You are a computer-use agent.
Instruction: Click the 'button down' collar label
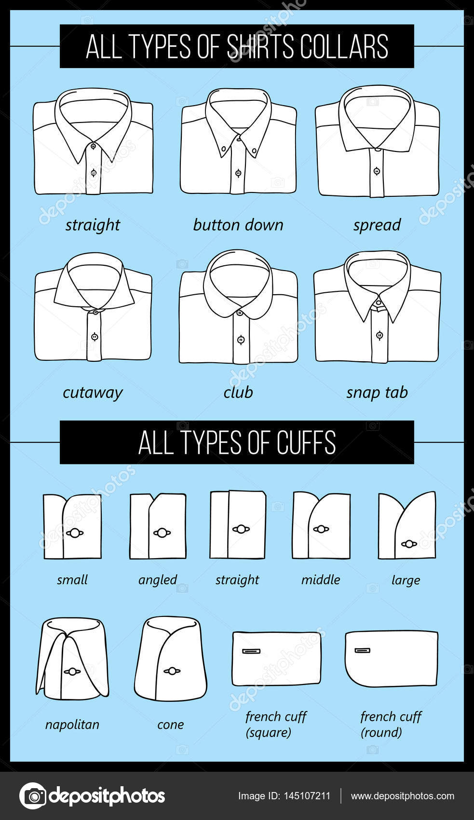pyautogui.click(x=238, y=225)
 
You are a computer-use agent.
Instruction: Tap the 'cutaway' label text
pyautogui.click(x=93, y=392)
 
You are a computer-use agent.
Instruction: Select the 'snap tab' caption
pyautogui.click(x=377, y=392)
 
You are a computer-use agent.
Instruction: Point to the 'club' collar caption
pyautogui.click(x=238, y=392)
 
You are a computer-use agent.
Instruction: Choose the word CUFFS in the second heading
pyautogui.click(x=306, y=442)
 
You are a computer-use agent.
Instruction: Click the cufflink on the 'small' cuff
pyautogui.click(x=75, y=533)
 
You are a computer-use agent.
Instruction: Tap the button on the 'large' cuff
pyautogui.click(x=409, y=544)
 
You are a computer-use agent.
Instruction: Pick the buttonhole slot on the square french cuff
pyautogui.click(x=251, y=651)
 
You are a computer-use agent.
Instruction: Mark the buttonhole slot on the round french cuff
pyautogui.click(x=363, y=651)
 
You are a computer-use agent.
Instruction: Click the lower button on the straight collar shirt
pyautogui.click(x=94, y=173)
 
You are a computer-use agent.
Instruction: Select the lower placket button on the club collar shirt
pyautogui.click(x=241, y=340)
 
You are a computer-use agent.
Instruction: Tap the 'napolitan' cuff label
pyautogui.click(x=72, y=724)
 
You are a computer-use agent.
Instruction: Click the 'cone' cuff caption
pyautogui.click(x=171, y=724)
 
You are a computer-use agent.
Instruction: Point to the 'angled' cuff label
pyautogui.click(x=158, y=579)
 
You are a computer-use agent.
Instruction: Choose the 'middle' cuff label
pyautogui.click(x=321, y=579)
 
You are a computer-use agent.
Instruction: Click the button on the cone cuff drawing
pyautogui.click(x=172, y=671)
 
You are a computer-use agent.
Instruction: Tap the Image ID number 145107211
pyautogui.click(x=309, y=796)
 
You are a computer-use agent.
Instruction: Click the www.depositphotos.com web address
pyautogui.click(x=402, y=796)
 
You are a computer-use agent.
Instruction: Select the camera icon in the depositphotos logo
pyautogui.click(x=33, y=796)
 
